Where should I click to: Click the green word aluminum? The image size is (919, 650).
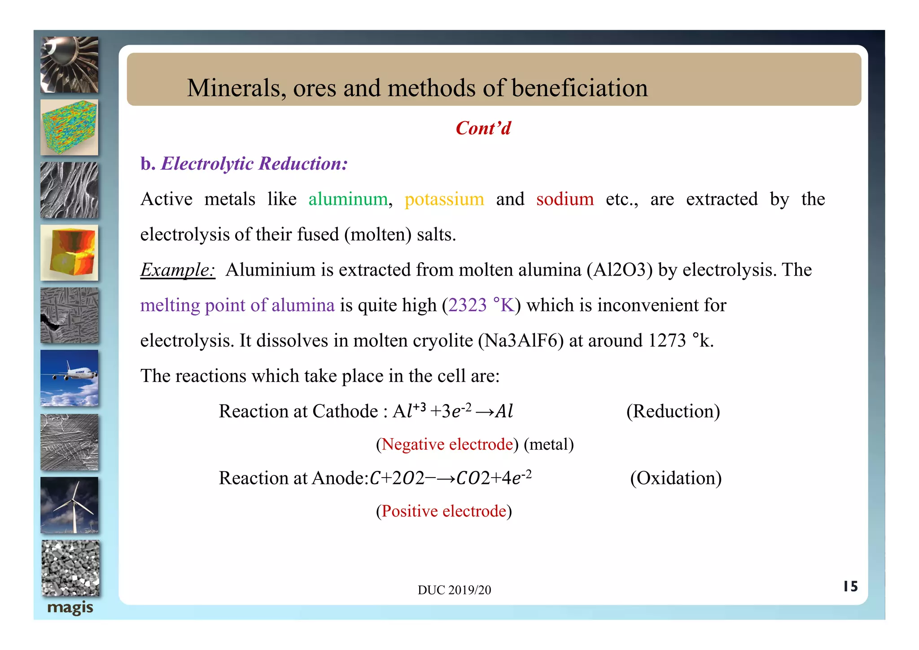(x=348, y=199)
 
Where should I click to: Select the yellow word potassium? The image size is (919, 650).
(x=444, y=199)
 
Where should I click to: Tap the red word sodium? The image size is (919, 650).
(x=565, y=199)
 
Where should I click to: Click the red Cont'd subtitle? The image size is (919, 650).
(x=483, y=128)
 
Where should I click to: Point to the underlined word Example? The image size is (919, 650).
(x=177, y=270)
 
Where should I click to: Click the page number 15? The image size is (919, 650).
(x=850, y=586)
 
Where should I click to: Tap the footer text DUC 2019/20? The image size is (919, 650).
(x=454, y=590)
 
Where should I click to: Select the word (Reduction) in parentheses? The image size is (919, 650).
(x=673, y=411)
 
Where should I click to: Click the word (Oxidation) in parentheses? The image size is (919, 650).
(x=675, y=478)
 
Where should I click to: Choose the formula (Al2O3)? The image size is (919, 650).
(x=619, y=270)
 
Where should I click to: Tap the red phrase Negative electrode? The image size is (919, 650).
(x=447, y=444)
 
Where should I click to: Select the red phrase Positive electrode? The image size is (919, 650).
(x=444, y=511)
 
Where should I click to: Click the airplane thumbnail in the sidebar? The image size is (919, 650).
(x=69, y=378)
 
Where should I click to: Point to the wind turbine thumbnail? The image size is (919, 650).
(x=69, y=505)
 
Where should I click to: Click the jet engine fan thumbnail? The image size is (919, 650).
(x=69, y=65)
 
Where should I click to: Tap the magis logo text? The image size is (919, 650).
(x=70, y=608)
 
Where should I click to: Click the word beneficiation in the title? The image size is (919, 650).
(x=579, y=88)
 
